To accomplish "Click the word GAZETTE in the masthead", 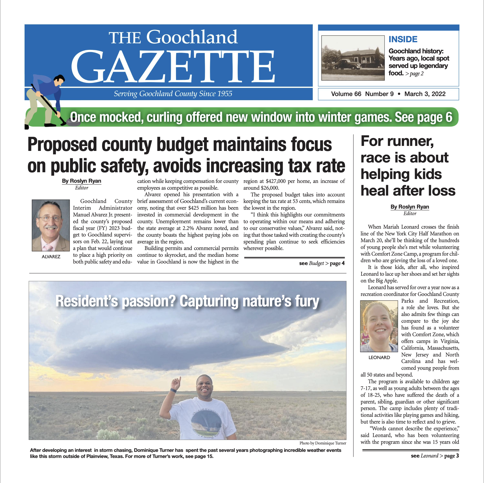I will click(173, 66).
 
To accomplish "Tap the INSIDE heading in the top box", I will click(403, 39).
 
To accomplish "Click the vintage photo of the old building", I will click(353, 58).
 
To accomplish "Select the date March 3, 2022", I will click(425, 94).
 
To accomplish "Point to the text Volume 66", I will click(346, 94).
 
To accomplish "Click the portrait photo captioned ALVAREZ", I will click(51, 225).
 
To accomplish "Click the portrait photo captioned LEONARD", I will click(379, 326).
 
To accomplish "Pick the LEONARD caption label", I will click(379, 357).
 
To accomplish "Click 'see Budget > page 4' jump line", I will click(322, 263).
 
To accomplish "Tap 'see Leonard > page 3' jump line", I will click(435, 456).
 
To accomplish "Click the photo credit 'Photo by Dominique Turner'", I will click(323, 443).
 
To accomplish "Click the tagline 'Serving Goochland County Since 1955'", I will click(173, 94).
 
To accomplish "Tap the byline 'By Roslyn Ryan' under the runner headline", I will click(410, 207).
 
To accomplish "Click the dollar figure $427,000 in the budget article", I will click(276, 181).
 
